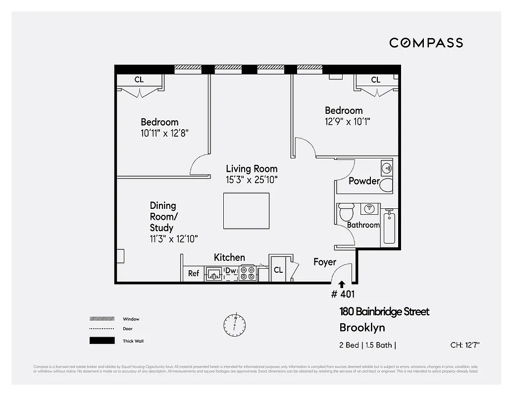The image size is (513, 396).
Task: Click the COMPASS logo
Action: pyautogui.click(x=426, y=43)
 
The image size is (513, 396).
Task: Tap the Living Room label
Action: pyautogui.click(x=252, y=169)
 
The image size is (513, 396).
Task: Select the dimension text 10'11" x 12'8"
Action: pyautogui.click(x=165, y=133)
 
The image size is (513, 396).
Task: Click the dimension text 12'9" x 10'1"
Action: pyautogui.click(x=347, y=121)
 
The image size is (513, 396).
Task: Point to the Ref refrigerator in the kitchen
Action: pyautogui.click(x=194, y=273)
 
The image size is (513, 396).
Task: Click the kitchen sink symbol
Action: pyautogui.click(x=214, y=273)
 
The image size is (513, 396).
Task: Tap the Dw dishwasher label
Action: pyautogui.click(x=231, y=271)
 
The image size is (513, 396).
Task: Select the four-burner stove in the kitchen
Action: pyautogui.click(x=247, y=273)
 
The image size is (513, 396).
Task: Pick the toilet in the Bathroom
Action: pyautogui.click(x=346, y=212)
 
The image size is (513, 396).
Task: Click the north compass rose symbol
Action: pyautogui.click(x=234, y=323)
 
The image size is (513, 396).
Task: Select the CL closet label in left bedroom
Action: pyautogui.click(x=139, y=80)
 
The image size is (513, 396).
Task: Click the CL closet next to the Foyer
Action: pyautogui.click(x=278, y=270)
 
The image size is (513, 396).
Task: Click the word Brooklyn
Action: pyautogui.click(x=362, y=328)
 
